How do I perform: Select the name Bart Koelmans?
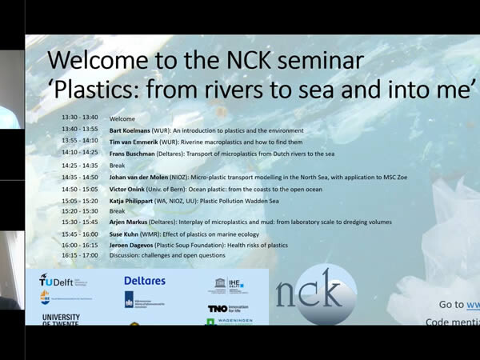131,130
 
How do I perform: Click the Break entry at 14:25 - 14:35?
117,166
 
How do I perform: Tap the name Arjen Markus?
128,222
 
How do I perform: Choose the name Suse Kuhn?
125,234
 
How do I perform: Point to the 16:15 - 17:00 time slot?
80,255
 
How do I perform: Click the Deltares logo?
145,281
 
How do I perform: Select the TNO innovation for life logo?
228,308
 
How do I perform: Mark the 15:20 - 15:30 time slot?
80,211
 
